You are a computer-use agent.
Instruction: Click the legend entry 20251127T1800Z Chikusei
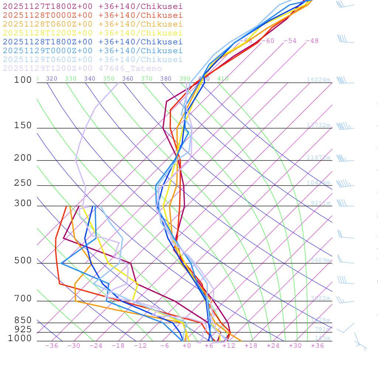click(93, 6)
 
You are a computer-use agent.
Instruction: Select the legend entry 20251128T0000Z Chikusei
click(93, 15)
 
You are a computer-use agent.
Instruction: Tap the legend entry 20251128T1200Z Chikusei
click(93, 33)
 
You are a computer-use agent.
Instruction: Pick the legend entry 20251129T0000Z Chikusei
click(93, 51)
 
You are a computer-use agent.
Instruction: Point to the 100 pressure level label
click(23, 80)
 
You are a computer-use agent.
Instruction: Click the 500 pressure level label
click(23, 261)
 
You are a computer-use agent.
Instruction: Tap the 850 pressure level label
click(23, 320)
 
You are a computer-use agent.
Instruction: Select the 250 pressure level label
click(23, 183)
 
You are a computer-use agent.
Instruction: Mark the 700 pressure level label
click(23, 299)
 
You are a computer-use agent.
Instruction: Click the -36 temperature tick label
click(51, 346)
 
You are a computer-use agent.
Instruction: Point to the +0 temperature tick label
click(186, 346)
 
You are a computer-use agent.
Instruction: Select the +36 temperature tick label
click(317, 346)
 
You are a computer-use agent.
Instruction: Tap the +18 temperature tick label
click(251, 346)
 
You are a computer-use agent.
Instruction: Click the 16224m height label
click(318, 80)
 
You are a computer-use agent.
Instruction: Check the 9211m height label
click(320, 203)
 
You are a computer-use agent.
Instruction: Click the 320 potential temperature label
click(51, 79)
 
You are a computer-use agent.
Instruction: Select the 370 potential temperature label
click(147, 79)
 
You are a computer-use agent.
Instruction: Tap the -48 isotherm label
click(312, 41)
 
